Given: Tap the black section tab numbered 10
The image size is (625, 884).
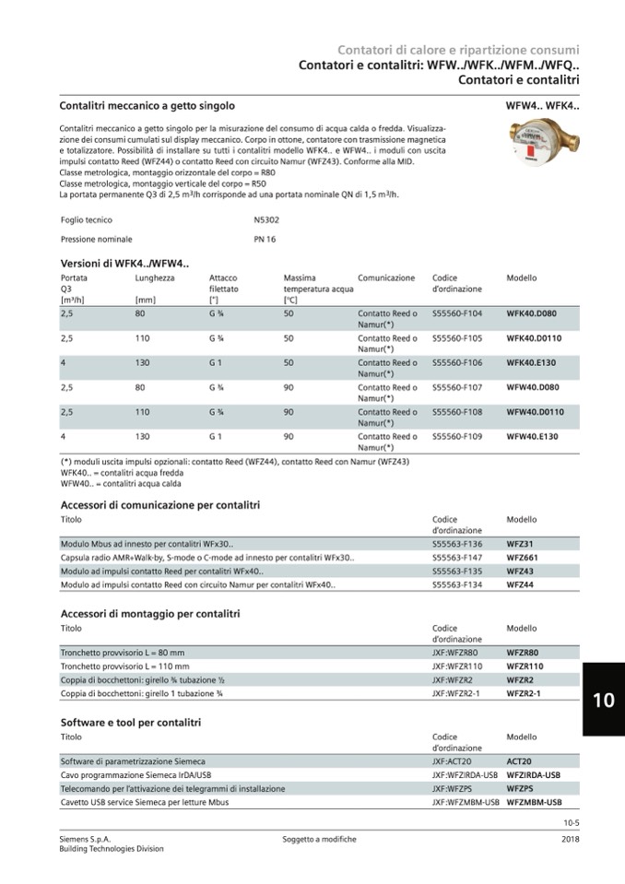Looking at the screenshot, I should pyautogui.click(x=603, y=700).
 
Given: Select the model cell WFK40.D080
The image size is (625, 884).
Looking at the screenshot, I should pyautogui.click(x=531, y=313).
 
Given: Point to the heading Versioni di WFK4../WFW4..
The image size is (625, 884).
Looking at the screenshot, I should pyautogui.click(x=124, y=264).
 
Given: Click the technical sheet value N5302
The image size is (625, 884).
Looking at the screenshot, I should pyautogui.click(x=266, y=220).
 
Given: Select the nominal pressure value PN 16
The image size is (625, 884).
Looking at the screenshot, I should pyautogui.click(x=265, y=240).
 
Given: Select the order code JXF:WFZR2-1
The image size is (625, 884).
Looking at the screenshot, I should pyautogui.click(x=456, y=692).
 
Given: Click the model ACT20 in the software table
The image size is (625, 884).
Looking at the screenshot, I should pyautogui.click(x=519, y=761).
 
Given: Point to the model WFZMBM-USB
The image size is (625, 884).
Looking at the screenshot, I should pyautogui.click(x=534, y=802).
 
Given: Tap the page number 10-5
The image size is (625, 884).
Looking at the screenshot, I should pyautogui.click(x=571, y=822).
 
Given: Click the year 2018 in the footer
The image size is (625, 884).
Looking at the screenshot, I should pyautogui.click(x=570, y=839).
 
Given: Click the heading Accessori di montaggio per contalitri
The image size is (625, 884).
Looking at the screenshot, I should pyautogui.click(x=150, y=613).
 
